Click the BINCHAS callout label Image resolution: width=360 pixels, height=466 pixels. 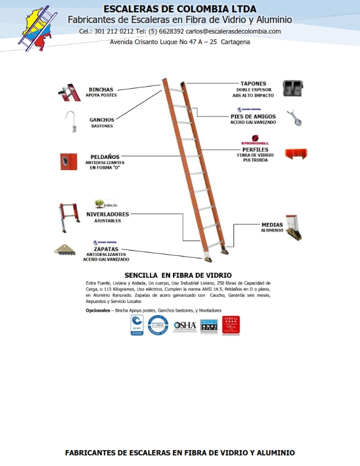tap(102, 90)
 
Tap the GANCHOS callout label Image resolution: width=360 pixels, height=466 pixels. tap(102, 120)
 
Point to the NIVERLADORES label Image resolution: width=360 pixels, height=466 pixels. tap(108, 214)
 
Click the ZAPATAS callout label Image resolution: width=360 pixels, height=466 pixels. tap(106, 249)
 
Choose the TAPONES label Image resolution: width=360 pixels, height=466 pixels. tap(253, 84)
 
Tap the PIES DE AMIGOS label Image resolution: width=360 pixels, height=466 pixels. tap(253, 116)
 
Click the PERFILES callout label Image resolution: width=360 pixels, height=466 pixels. tap(255, 149)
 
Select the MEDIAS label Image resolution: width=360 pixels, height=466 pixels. tap(272, 225)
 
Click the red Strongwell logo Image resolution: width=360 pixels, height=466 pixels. tap(255, 142)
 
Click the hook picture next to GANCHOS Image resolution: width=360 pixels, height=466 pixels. tap(69, 121)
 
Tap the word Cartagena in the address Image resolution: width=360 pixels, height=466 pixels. tap(235, 42)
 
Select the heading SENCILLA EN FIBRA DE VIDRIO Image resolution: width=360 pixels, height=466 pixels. tap(178, 275)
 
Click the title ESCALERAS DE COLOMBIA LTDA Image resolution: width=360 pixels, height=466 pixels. tap(180, 9)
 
